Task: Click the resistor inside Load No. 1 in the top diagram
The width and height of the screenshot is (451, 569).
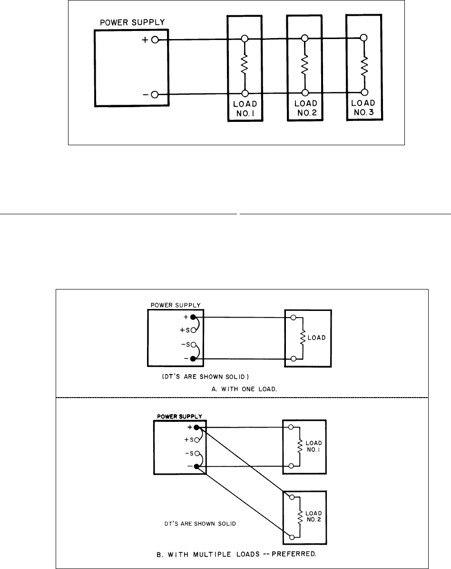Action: pos(245,65)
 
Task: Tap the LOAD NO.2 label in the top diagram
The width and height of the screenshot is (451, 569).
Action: pos(304,108)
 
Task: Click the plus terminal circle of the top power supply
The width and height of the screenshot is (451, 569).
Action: pos(155,41)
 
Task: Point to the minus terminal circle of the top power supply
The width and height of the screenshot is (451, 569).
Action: pos(155,95)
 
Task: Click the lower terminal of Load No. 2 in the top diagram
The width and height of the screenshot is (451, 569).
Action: pos(304,93)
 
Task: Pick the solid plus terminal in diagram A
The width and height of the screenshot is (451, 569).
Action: pos(193,317)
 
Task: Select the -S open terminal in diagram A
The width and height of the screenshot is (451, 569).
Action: pos(193,346)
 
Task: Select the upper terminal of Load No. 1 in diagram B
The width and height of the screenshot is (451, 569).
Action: pos(291,428)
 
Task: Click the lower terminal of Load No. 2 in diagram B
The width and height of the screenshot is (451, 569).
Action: pos(291,536)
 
